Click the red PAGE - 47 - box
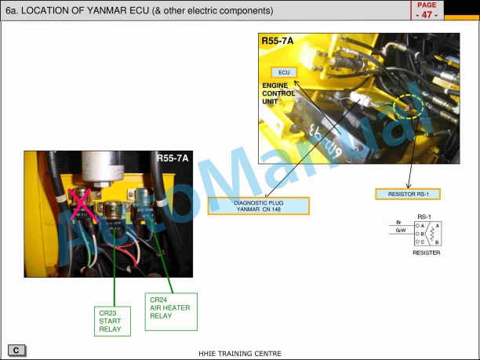[x=427, y=10]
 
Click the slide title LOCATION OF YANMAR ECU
[x=140, y=11]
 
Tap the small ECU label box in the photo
[x=284, y=72]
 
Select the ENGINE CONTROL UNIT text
[x=278, y=93]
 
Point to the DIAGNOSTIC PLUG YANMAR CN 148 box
[x=258, y=205]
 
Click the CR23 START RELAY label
[x=112, y=320]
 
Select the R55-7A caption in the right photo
[x=278, y=41]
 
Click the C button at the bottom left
[x=16, y=349]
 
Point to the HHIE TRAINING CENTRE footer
[x=240, y=354]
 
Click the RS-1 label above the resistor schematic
[x=424, y=216]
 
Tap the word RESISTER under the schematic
[x=426, y=253]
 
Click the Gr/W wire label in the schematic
[x=400, y=231]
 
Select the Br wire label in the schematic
[x=399, y=224]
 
